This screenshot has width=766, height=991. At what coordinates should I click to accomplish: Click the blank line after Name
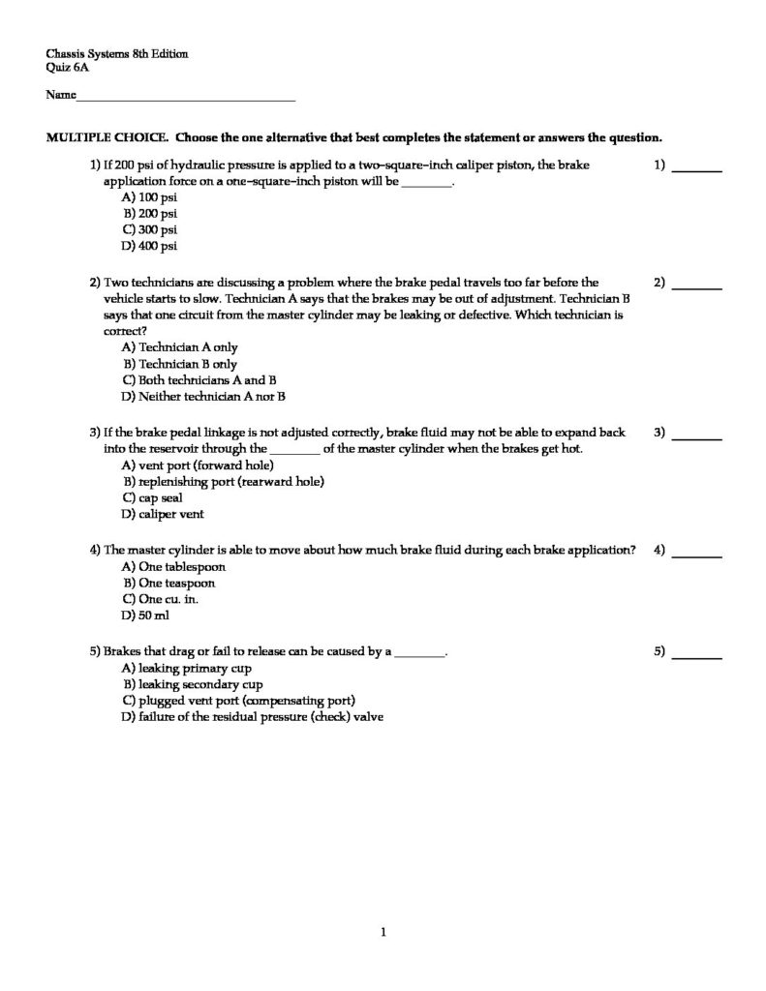(x=185, y=98)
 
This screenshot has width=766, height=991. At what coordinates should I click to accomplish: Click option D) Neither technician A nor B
(x=203, y=397)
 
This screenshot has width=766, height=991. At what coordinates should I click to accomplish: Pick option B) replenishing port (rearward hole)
(x=223, y=481)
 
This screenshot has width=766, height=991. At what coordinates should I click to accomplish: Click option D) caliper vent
(x=162, y=515)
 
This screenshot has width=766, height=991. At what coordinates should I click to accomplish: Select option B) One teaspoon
(x=169, y=584)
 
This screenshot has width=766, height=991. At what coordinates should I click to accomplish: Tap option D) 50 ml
(x=145, y=616)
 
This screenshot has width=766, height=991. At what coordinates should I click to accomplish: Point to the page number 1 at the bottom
(x=384, y=933)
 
